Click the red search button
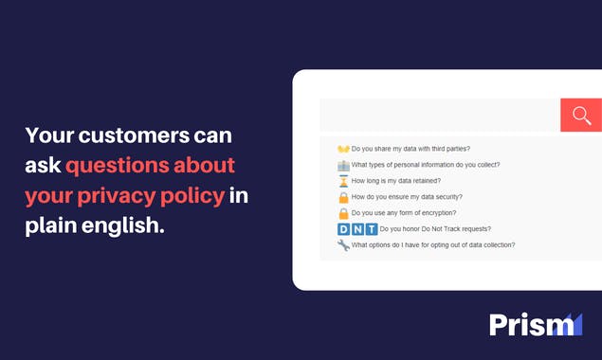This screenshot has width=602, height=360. (581, 115)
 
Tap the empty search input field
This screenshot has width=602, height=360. (440, 115)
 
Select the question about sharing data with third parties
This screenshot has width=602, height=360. (410, 149)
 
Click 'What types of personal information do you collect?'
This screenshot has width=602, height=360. (426, 165)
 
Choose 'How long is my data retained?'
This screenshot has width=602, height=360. (395, 181)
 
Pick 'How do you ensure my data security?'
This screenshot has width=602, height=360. (407, 197)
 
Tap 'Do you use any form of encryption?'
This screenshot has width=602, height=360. (403, 213)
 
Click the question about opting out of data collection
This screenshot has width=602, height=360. (433, 245)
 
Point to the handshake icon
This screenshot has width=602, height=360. (343, 149)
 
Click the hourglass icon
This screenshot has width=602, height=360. (343, 181)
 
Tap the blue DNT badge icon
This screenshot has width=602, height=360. (356, 229)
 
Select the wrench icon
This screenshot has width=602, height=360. (343, 245)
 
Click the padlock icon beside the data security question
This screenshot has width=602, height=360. (343, 197)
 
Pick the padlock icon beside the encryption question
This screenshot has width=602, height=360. (343, 213)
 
